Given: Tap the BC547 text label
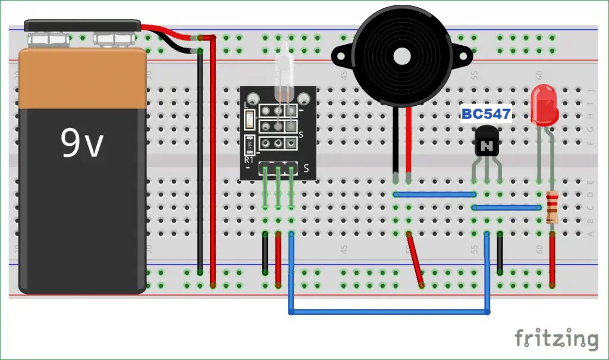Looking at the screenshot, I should [486, 114].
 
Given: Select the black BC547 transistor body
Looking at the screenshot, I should [487, 144].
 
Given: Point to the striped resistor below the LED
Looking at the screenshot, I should [553, 206].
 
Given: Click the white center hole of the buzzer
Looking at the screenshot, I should [402, 57].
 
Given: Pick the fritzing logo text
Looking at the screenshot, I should [556, 339].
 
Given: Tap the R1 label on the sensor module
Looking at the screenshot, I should [249, 160].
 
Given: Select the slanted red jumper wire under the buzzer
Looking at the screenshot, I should [415, 259].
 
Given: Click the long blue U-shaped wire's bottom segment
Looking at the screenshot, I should [390, 311].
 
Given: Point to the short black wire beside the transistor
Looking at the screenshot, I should [500, 253].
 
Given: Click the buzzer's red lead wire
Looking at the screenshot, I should [409, 143].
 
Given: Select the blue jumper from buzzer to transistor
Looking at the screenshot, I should [434, 194].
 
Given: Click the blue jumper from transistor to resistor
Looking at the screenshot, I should [506, 208].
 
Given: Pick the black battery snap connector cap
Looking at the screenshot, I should [83, 26].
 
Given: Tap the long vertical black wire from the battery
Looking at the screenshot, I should [200, 161].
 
